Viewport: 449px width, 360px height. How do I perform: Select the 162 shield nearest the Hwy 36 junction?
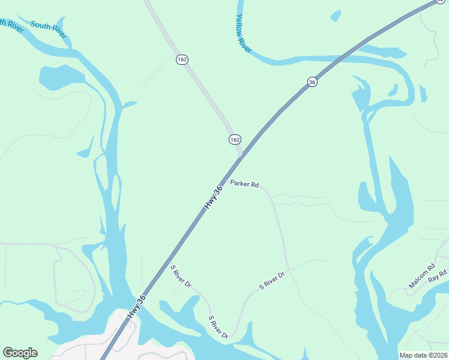coord(235,139)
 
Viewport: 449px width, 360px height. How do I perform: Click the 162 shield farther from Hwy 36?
coord(182,59)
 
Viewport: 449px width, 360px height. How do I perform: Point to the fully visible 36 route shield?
coord(312,82)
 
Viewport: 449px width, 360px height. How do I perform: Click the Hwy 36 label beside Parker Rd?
coord(213,197)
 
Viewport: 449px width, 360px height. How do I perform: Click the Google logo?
coord(20,353)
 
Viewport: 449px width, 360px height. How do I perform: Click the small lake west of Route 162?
coord(60,77)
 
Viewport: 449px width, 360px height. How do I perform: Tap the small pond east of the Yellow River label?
coord(335,16)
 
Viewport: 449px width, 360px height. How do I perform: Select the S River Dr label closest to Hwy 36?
coord(180,275)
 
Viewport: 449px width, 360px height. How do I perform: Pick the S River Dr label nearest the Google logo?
coord(218,326)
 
